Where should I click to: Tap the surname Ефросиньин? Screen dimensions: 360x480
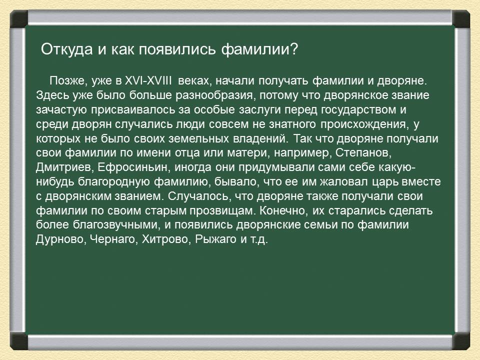120,167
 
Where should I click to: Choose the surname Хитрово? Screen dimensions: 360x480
160,239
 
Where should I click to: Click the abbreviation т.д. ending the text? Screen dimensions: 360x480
258,239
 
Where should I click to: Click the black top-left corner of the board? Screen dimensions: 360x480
18,19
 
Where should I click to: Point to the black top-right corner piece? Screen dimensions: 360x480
461,19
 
